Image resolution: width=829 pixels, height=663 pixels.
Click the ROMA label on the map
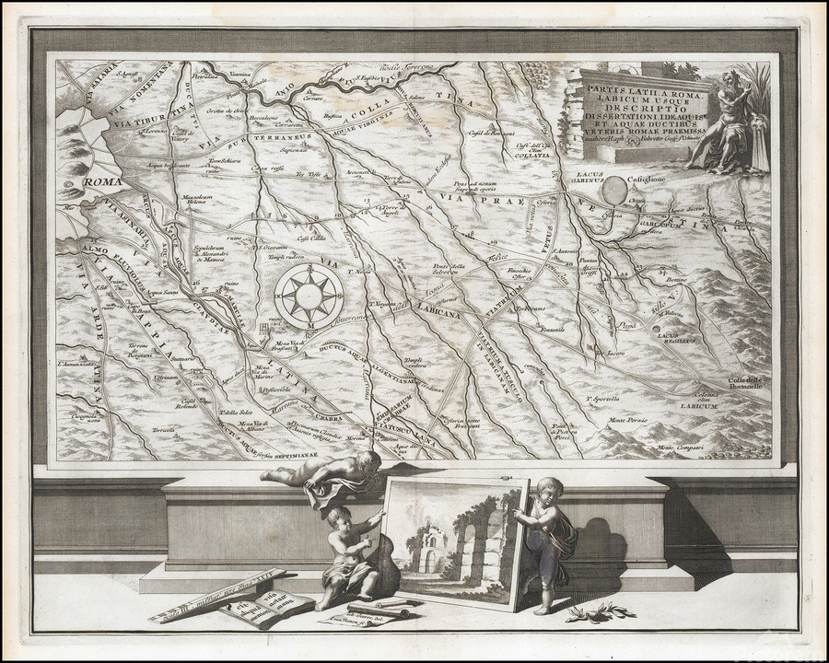point(102,183)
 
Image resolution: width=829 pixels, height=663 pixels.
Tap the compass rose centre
point(311,294)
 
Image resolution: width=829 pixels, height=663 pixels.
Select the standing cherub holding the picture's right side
point(549,541)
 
